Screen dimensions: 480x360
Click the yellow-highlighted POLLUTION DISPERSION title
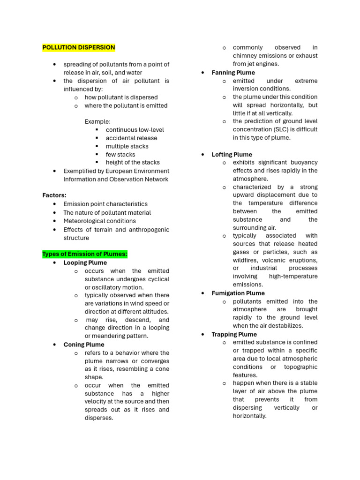(x=78, y=47)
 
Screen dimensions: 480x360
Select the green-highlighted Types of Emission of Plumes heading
(x=85, y=254)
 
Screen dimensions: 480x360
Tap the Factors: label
(x=54, y=195)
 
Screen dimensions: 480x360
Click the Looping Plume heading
(x=85, y=262)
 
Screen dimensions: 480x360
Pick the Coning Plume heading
(x=84, y=345)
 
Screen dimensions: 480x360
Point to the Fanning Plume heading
(x=233, y=73)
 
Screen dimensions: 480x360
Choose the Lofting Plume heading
(x=232, y=154)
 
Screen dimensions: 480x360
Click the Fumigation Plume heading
(x=238, y=293)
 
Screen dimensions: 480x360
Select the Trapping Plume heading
(x=234, y=334)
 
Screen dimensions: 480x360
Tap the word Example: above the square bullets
(x=97, y=121)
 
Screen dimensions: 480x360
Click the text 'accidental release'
(x=131, y=138)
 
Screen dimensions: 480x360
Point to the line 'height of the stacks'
(x=133, y=162)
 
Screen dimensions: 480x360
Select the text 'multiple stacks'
(x=127, y=146)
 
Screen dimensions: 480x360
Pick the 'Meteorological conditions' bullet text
(x=100, y=221)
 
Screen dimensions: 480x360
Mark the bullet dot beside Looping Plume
(x=55, y=262)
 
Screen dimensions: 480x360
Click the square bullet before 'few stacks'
(x=97, y=154)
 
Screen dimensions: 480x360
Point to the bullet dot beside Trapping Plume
(x=203, y=334)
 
